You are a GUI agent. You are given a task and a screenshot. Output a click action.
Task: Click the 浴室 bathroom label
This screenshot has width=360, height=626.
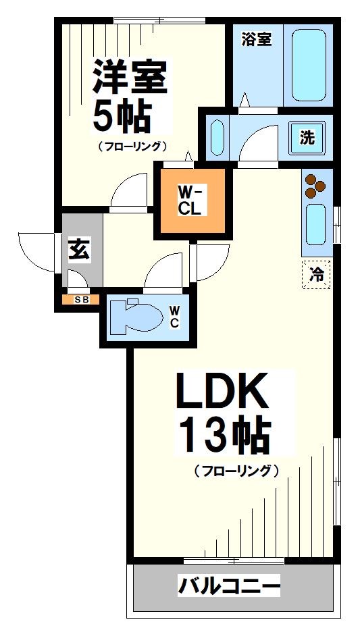pos(257,39)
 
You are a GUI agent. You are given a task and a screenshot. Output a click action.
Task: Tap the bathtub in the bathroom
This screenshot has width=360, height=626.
pos(308,65)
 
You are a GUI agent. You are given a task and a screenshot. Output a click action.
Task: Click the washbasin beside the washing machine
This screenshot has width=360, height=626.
pos(217,138)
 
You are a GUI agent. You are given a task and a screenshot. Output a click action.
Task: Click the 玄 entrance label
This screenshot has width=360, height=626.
pos(79,250)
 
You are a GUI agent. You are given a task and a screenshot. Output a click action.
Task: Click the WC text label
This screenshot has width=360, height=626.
pos(174,317)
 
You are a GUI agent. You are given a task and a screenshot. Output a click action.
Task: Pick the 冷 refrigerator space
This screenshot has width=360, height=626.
pos(315,274)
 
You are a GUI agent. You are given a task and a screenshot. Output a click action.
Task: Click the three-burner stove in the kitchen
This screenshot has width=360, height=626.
pos(314,186)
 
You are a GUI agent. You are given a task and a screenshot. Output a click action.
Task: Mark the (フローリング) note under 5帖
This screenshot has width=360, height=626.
pos(132,146)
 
